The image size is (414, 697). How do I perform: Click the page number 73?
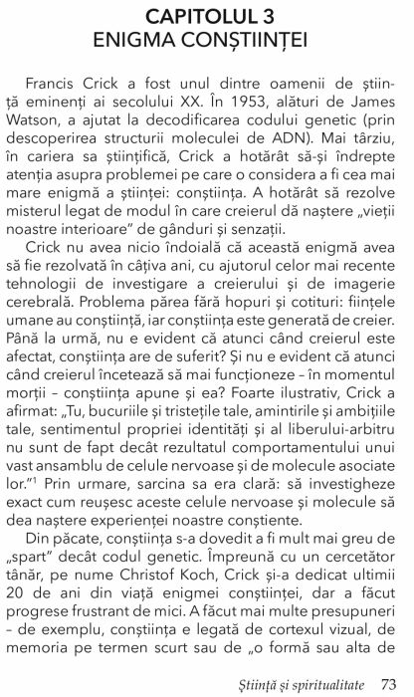point(390,682)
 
